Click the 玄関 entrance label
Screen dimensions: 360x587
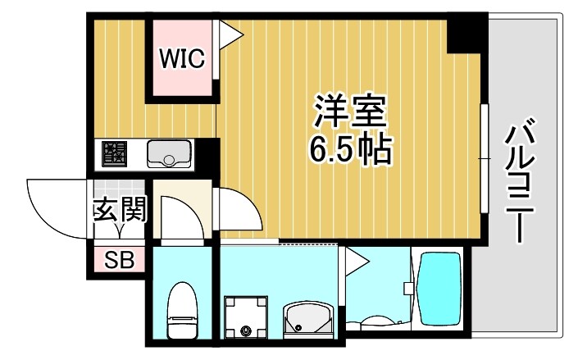120,210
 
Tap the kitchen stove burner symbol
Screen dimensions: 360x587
115,153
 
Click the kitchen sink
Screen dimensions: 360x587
169,153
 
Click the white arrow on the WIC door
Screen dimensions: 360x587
229,34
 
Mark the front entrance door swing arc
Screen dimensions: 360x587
53,205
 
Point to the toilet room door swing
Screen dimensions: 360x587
178,217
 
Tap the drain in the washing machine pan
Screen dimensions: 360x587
247,331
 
